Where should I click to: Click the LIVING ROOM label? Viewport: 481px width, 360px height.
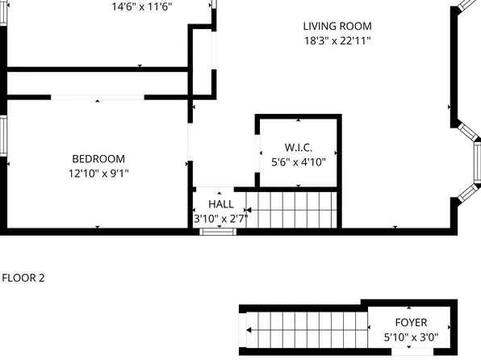337,26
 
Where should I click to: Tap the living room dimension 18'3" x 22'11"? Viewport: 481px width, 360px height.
337,40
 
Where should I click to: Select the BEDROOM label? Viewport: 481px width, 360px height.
98,158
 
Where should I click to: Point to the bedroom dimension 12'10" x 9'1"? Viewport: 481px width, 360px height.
98,173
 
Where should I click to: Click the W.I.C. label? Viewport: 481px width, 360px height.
298,148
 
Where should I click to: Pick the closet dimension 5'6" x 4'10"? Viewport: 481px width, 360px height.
298,161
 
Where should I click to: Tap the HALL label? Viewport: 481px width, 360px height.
220,204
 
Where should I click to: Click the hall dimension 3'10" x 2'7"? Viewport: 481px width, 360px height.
220,218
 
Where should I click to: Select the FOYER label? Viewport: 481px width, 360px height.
406,321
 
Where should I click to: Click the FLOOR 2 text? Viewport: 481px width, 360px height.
23,278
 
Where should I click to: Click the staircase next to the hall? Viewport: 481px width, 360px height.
290,209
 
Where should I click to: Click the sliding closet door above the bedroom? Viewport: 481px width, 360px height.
98,98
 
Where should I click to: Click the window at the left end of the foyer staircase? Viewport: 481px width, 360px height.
243,331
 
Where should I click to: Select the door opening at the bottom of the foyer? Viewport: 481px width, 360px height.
406,351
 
